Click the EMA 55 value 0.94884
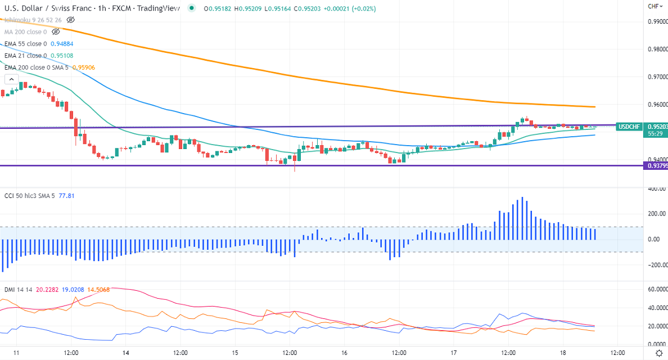(62, 43)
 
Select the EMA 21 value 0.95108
(62, 56)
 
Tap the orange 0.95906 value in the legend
(83, 67)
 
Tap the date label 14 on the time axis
(125, 353)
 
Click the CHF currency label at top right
(654, 6)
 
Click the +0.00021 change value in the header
(336, 8)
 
